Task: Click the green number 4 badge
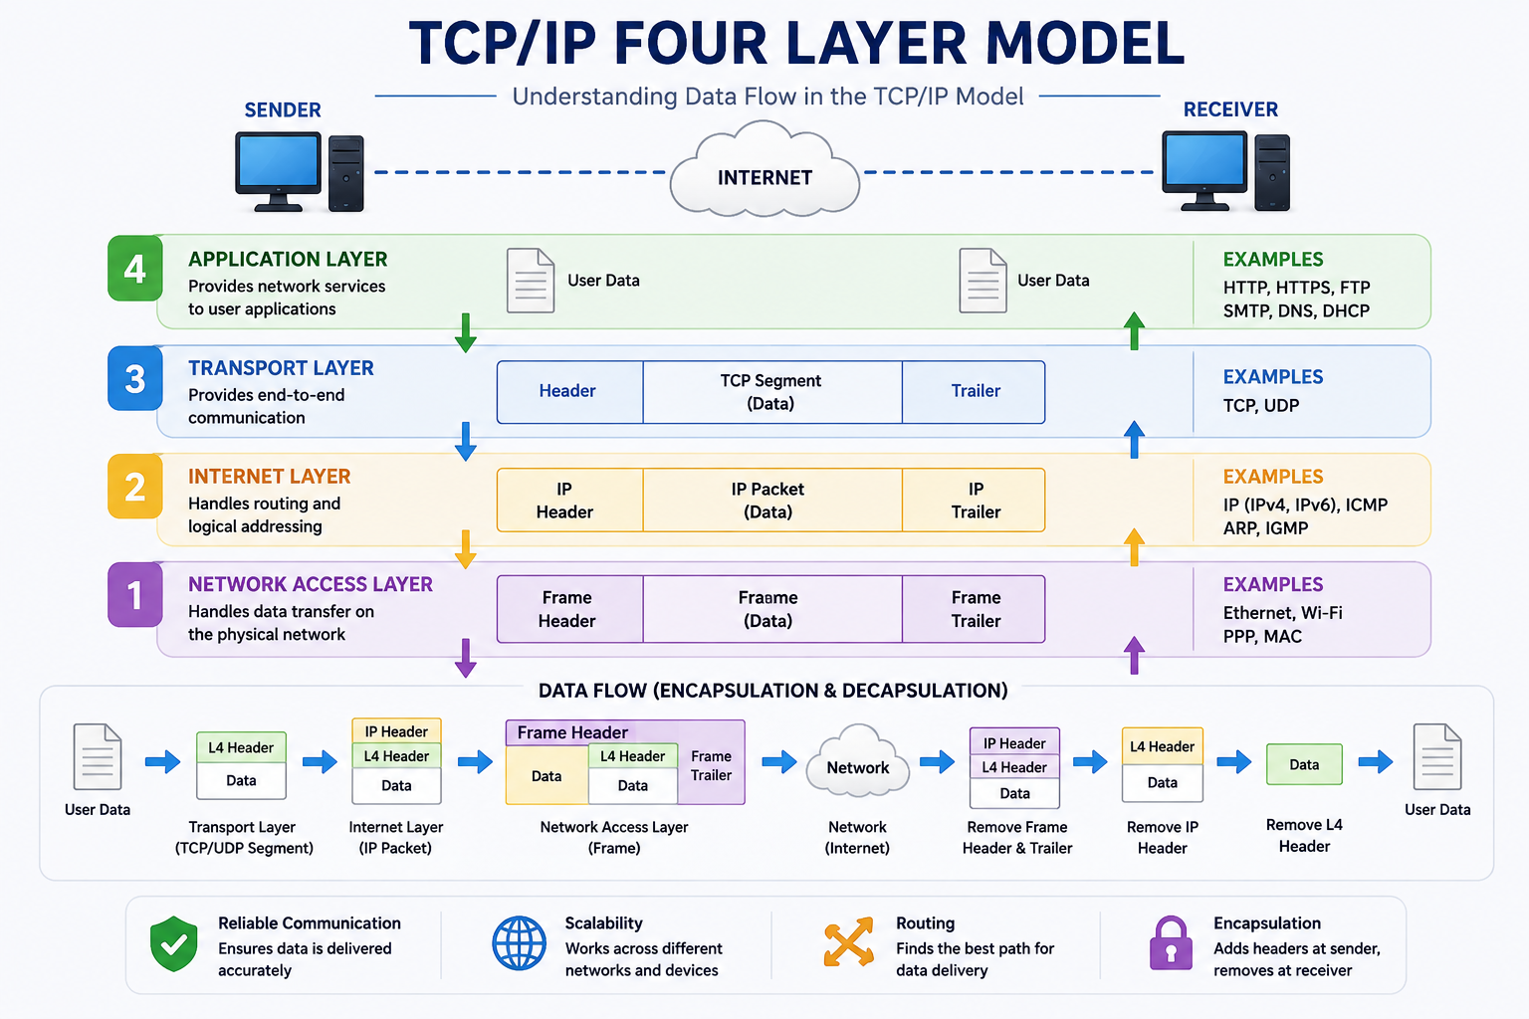click(x=135, y=269)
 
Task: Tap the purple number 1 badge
click(x=135, y=594)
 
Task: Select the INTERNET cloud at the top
click(x=764, y=170)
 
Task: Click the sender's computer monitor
click(x=278, y=170)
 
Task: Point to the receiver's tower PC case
click(x=1272, y=172)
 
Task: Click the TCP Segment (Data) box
click(x=772, y=392)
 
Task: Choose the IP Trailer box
click(x=975, y=501)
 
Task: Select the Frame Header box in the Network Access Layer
click(x=570, y=609)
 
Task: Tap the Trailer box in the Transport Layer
click(x=975, y=392)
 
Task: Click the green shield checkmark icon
click(x=174, y=943)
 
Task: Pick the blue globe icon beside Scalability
click(x=519, y=943)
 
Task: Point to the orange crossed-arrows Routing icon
click(x=848, y=941)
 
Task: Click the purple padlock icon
click(x=1171, y=943)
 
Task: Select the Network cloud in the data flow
click(x=857, y=761)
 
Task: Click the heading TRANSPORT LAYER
click(x=281, y=368)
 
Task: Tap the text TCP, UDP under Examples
click(x=1261, y=405)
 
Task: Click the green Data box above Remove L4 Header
click(x=1304, y=764)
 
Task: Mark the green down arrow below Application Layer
click(x=466, y=333)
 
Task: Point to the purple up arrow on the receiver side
click(x=1134, y=655)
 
